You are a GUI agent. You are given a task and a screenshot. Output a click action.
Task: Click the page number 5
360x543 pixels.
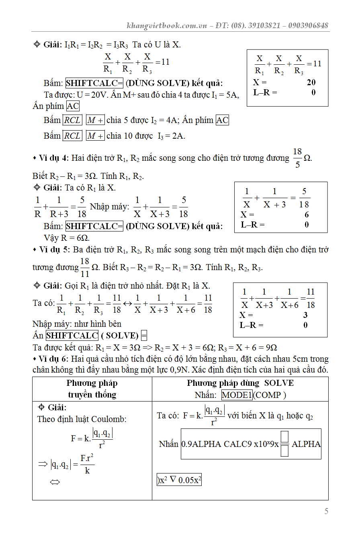[x=326, y=511]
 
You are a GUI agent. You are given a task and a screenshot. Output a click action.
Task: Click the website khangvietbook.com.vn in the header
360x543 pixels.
[x=166, y=25]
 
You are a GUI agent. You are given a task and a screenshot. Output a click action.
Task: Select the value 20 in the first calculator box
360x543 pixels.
[x=311, y=82]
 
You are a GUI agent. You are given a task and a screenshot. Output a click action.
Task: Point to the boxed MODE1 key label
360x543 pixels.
[x=237, y=395]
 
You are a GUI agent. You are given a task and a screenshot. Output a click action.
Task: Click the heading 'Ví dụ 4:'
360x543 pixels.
[x=54, y=158]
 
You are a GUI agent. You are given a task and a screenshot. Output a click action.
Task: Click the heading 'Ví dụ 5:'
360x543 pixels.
[x=54, y=250]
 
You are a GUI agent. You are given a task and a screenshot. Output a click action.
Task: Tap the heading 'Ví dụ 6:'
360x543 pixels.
[x=54, y=359]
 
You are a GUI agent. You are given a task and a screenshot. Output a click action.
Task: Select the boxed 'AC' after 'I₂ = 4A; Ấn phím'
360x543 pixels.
[x=222, y=120]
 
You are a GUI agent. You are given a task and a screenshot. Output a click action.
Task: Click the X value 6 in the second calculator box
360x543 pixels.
[x=307, y=215]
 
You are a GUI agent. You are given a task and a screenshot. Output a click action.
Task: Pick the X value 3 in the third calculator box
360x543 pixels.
[x=305, y=315]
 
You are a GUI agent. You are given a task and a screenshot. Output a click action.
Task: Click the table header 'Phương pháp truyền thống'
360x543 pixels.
[x=92, y=389]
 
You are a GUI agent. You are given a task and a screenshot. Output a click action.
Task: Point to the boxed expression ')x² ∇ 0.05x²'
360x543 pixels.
[x=179, y=480]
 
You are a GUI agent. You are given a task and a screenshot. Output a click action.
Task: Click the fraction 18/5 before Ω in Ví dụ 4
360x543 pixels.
[x=297, y=158]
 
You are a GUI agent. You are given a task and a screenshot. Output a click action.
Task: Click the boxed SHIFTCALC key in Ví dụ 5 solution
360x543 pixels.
[x=72, y=335]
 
